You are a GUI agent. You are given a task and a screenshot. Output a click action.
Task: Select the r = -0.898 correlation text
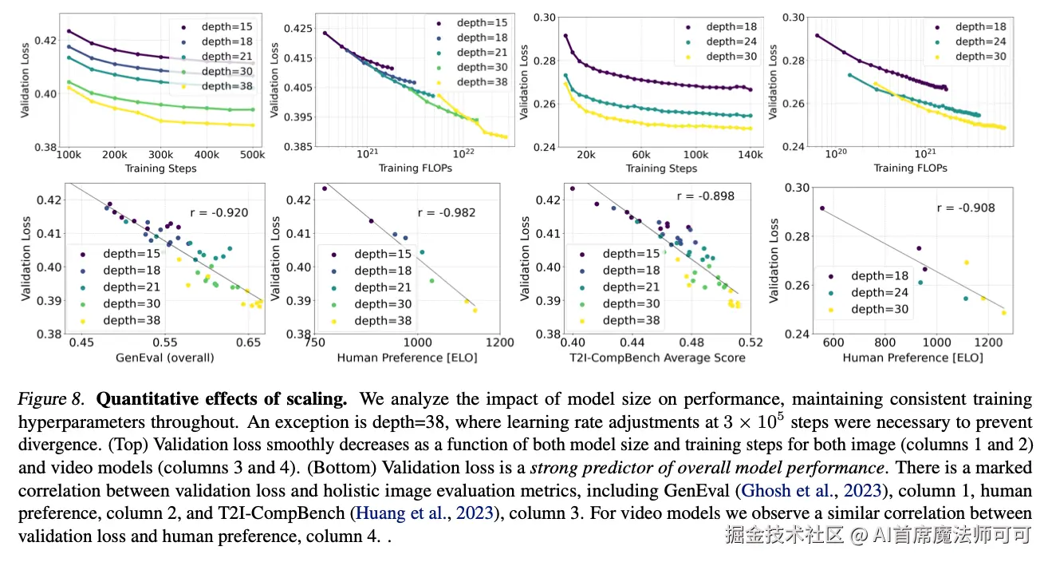point(704,196)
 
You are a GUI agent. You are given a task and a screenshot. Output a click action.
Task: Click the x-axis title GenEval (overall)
point(164,358)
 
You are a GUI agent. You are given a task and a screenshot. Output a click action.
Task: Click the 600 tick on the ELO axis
point(833,342)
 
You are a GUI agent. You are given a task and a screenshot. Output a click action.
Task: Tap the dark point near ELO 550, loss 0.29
point(822,208)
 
